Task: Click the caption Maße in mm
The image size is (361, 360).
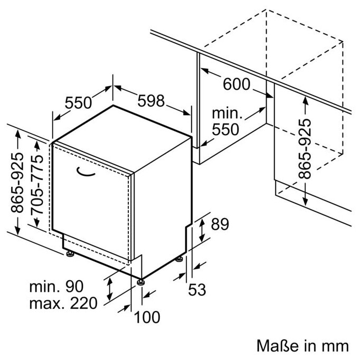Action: [302, 346]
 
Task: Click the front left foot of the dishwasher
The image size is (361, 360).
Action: [70, 255]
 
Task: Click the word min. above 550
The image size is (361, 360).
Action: [227, 113]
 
